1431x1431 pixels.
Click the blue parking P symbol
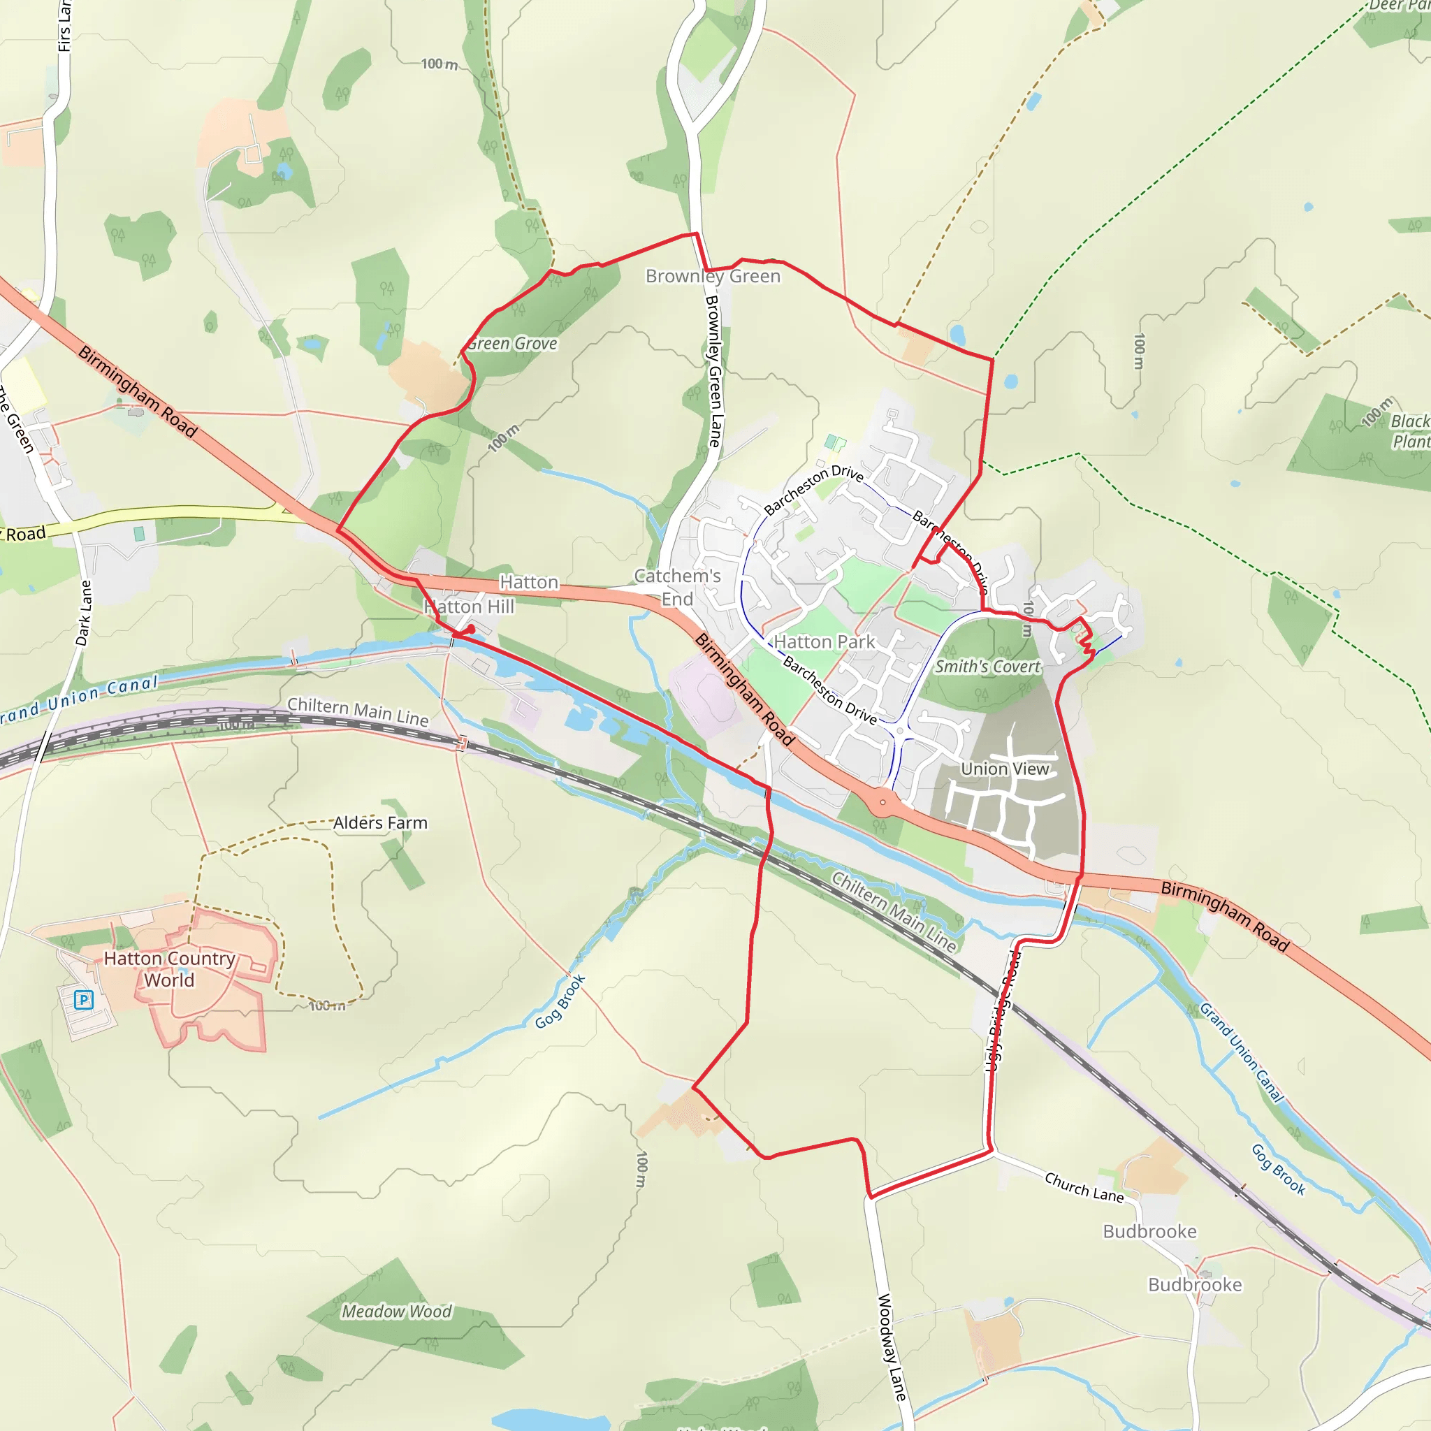tap(84, 1000)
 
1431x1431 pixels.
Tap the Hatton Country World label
tap(170, 969)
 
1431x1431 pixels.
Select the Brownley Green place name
tap(713, 276)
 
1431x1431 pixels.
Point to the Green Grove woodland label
tap(511, 344)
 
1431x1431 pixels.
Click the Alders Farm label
tap(380, 823)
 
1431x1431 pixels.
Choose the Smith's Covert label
tap(987, 667)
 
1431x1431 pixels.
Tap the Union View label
tap(1004, 769)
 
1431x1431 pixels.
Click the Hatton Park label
tap(825, 641)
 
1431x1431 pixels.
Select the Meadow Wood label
tap(396, 1312)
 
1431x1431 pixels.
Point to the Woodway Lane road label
tap(892, 1347)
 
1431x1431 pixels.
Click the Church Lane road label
tap(1084, 1186)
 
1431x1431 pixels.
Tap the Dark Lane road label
tap(85, 613)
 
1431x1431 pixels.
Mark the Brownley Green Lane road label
tap(713, 371)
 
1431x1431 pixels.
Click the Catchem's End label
tap(677, 588)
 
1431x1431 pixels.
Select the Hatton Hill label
tap(469, 606)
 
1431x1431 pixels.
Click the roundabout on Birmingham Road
tap(882, 802)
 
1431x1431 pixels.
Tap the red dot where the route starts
tap(471, 628)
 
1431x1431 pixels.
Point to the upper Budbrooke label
tap(1149, 1232)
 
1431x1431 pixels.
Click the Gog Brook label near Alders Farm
tap(560, 1001)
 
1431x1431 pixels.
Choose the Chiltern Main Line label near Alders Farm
tap(358, 712)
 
